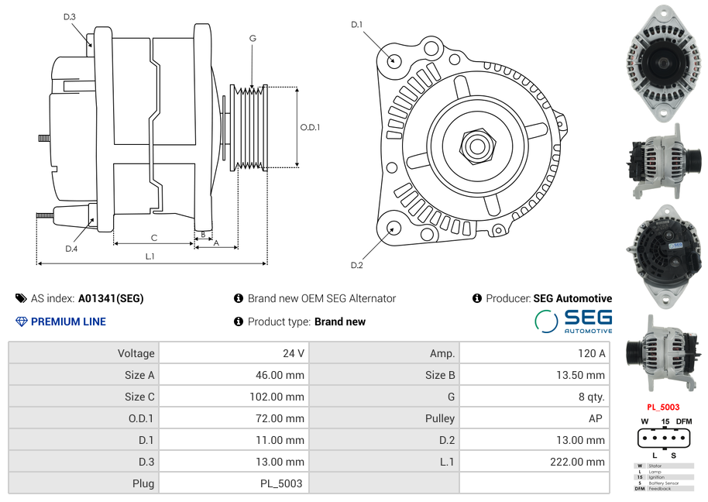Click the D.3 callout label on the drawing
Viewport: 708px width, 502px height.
point(70,16)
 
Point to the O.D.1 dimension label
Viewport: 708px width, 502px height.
point(310,127)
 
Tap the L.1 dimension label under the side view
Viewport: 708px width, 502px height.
point(150,256)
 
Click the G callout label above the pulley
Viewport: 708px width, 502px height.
point(253,38)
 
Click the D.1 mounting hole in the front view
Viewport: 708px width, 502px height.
point(394,59)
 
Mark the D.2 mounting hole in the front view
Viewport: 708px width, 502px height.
point(394,228)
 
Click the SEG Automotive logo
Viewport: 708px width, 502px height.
point(573,321)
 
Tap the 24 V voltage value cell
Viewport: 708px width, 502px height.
point(294,353)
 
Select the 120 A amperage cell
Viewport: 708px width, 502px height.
point(592,353)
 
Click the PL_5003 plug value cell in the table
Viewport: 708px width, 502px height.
point(281,483)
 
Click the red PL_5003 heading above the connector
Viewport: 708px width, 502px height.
point(663,407)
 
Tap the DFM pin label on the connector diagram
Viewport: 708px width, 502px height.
point(684,421)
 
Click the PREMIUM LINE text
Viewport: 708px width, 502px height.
point(68,321)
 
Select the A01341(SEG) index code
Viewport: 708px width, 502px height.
point(111,298)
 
